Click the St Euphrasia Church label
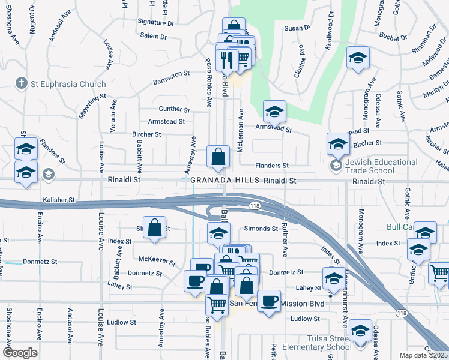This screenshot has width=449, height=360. click(x=69, y=85)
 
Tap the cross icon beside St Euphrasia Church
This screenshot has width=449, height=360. click(x=22, y=84)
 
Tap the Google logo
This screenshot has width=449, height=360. click(x=20, y=353)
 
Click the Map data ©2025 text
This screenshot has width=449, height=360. click(x=423, y=355)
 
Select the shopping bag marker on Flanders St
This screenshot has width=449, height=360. click(x=218, y=157)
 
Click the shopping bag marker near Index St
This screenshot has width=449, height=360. click(x=155, y=228)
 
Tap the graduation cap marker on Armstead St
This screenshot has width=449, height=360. click(x=275, y=111)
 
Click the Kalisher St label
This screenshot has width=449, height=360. click(x=58, y=199)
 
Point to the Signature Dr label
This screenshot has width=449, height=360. click(x=155, y=22)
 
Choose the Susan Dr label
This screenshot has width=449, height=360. click(x=297, y=28)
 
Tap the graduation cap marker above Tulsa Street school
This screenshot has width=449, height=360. click(x=360, y=331)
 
